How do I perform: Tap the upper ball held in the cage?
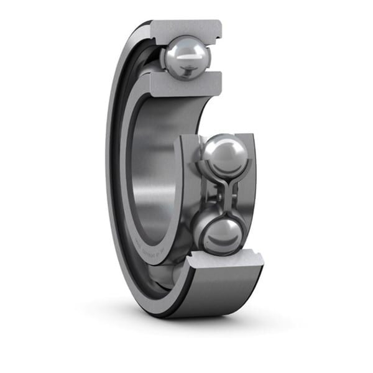click(x=225, y=155)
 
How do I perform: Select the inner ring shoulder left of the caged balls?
click(x=186, y=193)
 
